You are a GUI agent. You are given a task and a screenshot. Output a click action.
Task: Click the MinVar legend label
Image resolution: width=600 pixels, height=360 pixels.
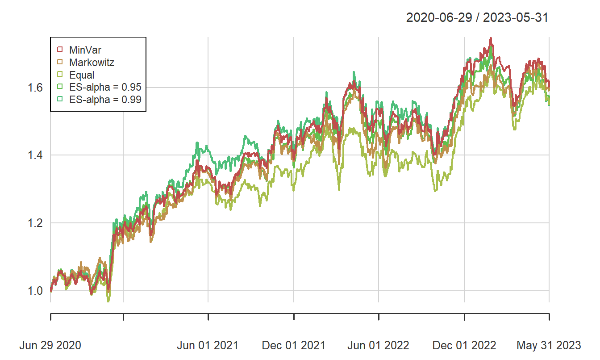pyautogui.click(x=85, y=50)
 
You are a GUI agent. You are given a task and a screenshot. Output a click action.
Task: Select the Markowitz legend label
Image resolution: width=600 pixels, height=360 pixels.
pyautogui.click(x=92, y=63)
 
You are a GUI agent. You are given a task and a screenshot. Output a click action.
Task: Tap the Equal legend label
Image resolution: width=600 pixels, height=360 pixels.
pyautogui.click(x=82, y=75)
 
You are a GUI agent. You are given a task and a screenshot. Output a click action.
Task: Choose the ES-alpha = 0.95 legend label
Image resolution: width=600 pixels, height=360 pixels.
pyautogui.click(x=105, y=88)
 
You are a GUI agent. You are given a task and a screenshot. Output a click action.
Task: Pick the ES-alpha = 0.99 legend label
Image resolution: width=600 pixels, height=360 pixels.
pyautogui.click(x=105, y=100)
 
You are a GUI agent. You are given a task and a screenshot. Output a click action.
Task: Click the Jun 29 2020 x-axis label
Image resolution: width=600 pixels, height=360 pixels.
pyautogui.click(x=50, y=345)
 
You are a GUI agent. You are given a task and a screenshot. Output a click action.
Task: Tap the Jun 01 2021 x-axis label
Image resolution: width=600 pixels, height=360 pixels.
pyautogui.click(x=208, y=345)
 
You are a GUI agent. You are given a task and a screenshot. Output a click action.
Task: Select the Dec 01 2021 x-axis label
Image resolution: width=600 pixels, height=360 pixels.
pyautogui.click(x=294, y=345)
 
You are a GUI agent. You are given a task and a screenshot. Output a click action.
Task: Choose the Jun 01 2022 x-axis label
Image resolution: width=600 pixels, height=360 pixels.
pyautogui.click(x=379, y=345)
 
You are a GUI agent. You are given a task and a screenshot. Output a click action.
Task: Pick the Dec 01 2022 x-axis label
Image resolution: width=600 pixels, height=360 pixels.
pyautogui.click(x=464, y=345)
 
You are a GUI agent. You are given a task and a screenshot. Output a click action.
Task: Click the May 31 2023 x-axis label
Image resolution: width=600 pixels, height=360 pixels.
pyautogui.click(x=549, y=345)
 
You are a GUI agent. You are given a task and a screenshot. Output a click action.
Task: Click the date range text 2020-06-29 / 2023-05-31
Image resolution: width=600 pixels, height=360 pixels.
pyautogui.click(x=477, y=18)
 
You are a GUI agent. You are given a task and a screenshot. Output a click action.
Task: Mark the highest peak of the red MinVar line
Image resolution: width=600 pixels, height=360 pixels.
pyautogui.click(x=491, y=38)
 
